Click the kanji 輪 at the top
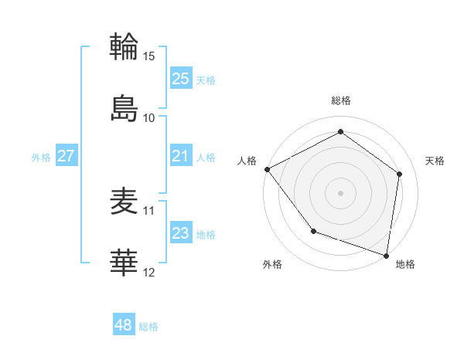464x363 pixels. (x=125, y=46)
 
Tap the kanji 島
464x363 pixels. (x=125, y=107)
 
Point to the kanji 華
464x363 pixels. (x=125, y=263)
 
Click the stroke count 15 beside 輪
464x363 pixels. (x=149, y=56)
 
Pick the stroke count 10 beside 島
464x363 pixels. (x=149, y=118)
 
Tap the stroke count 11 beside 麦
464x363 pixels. (x=149, y=211)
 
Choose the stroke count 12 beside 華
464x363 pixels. (x=149, y=273)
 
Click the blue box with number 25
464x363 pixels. (x=181, y=79)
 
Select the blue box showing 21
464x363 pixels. (x=181, y=156)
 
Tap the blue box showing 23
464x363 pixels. (x=181, y=233)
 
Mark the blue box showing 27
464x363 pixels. (x=67, y=156)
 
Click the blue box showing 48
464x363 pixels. (x=124, y=325)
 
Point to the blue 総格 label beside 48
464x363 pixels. (x=148, y=327)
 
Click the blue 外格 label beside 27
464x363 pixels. (x=41, y=158)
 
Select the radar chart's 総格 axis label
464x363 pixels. (x=341, y=101)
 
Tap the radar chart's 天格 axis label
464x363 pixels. (x=435, y=161)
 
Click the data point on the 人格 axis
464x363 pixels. (x=267, y=169)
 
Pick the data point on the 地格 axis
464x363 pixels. (x=387, y=255)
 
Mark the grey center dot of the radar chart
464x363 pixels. (x=341, y=192)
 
